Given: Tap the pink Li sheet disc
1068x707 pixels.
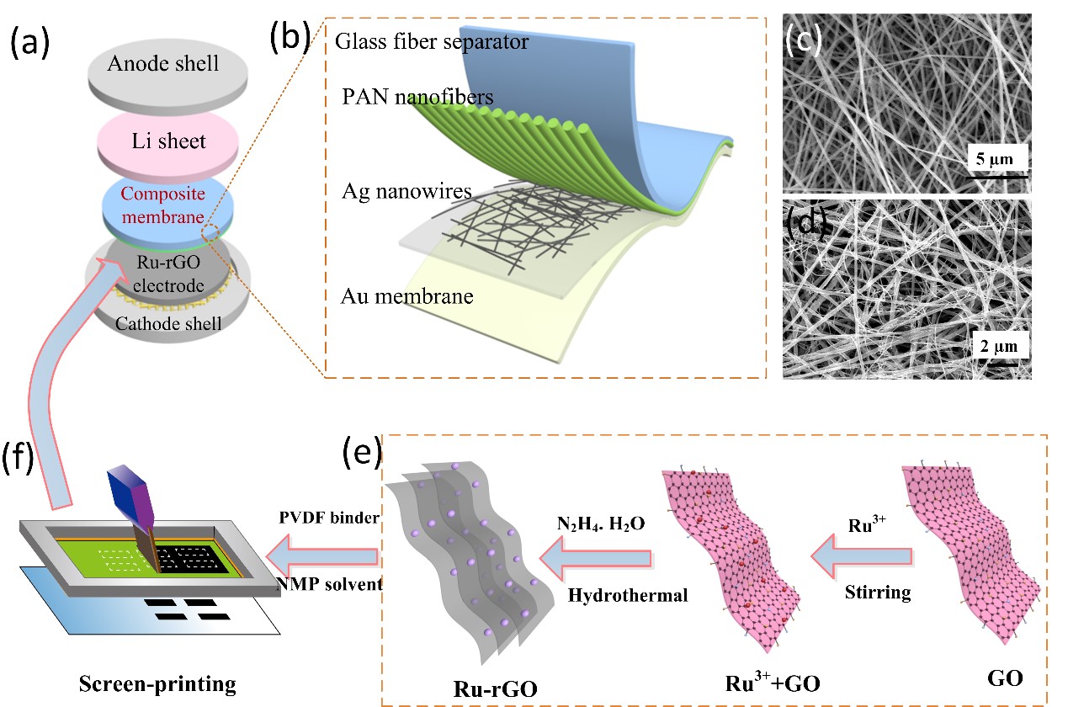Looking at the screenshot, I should tap(168, 141).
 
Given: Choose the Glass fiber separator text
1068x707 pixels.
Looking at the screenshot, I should tap(432, 41).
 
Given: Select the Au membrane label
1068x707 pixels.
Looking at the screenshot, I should tap(407, 296).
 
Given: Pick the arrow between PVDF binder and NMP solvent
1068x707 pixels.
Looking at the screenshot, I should tap(321, 555).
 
